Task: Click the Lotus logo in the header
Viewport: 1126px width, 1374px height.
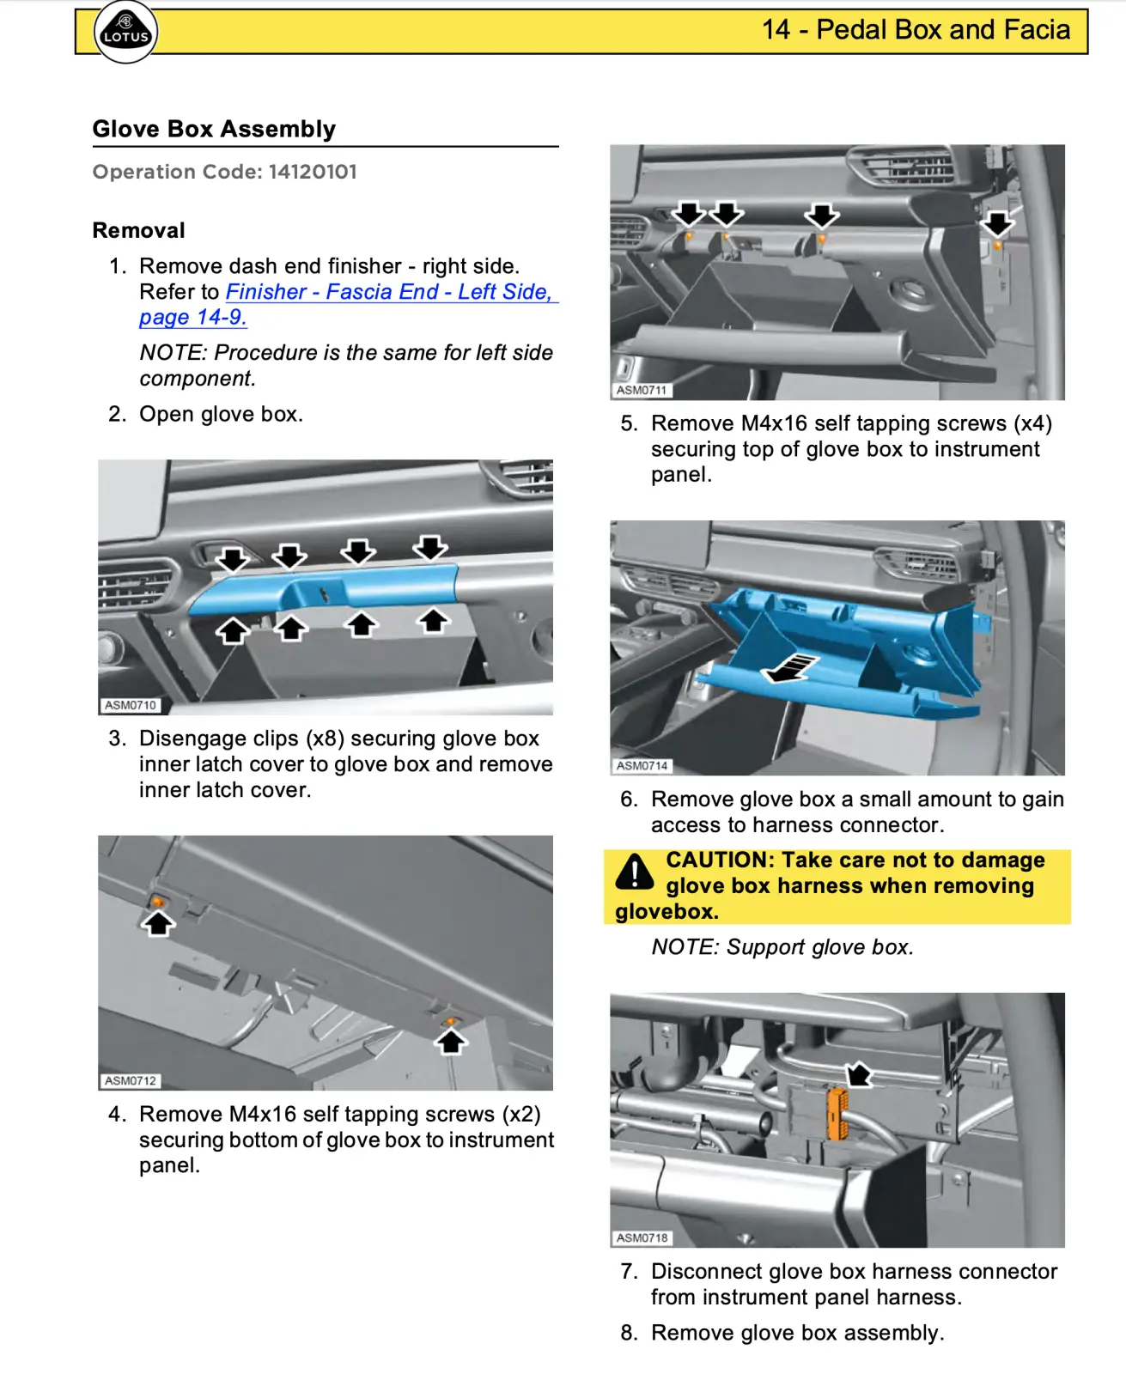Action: pos(125,32)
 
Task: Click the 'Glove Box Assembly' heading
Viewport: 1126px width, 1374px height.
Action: pos(214,129)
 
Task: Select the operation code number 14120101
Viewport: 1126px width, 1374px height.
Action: pos(312,172)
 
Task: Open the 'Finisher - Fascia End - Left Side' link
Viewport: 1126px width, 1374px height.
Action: pos(388,292)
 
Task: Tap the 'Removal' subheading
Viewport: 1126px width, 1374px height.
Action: pos(138,230)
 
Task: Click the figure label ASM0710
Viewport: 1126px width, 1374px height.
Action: pos(130,705)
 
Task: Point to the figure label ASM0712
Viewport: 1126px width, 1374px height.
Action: pos(130,1080)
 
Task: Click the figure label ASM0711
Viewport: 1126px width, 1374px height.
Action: pos(641,390)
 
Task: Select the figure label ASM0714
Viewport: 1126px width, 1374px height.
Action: pos(642,765)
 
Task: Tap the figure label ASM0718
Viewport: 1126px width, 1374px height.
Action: pos(642,1237)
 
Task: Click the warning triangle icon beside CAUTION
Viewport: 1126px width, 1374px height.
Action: pos(635,872)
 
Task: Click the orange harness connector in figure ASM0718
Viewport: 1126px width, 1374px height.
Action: pos(837,1114)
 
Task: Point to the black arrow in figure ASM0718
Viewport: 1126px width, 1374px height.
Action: pos(858,1074)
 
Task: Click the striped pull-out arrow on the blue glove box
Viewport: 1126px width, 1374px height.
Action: pos(792,668)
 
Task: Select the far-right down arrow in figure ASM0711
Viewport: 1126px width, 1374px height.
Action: pos(997,224)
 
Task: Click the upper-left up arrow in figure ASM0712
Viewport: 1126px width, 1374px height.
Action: pos(158,923)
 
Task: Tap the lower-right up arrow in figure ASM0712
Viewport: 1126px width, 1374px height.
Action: pos(451,1042)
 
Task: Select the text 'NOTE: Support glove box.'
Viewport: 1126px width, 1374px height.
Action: pos(782,947)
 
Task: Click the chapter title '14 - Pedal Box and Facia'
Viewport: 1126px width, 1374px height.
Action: pos(916,30)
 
